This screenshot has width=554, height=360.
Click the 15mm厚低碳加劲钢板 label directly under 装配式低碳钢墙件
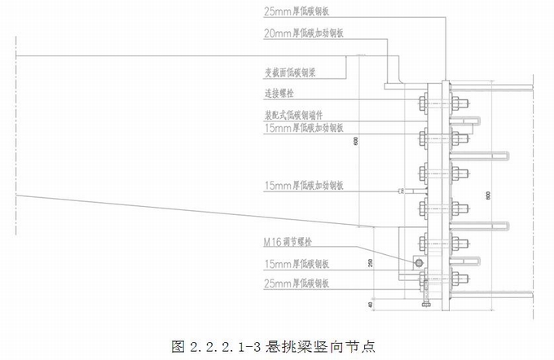tap(304, 128)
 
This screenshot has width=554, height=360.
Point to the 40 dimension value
tap(367, 305)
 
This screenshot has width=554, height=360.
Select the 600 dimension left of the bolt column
tap(356, 141)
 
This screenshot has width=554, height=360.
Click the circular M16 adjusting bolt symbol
tap(418, 262)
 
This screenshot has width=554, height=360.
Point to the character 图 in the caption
tap(179, 345)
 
